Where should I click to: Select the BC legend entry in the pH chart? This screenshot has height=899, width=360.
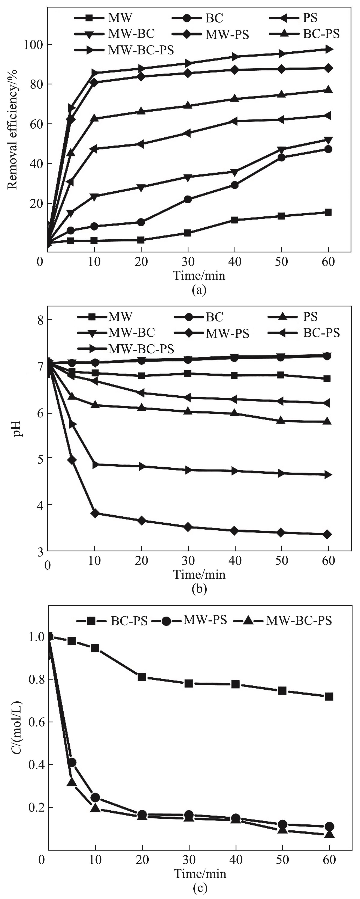pos(214,317)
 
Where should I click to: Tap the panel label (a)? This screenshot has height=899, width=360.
pos(199,290)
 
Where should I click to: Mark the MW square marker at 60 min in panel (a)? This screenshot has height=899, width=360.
pos(328,212)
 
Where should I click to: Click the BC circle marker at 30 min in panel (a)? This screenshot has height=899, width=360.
pos(188,199)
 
